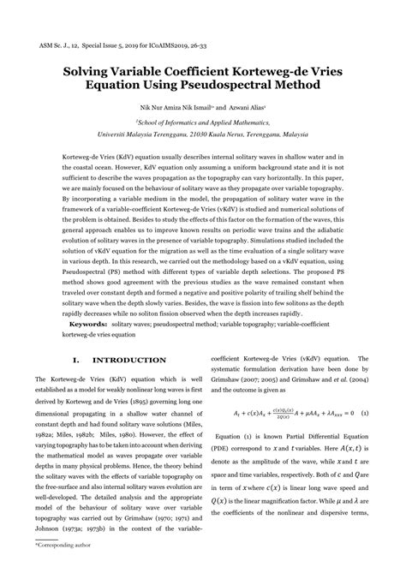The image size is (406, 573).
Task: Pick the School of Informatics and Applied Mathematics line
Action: [202, 122]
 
